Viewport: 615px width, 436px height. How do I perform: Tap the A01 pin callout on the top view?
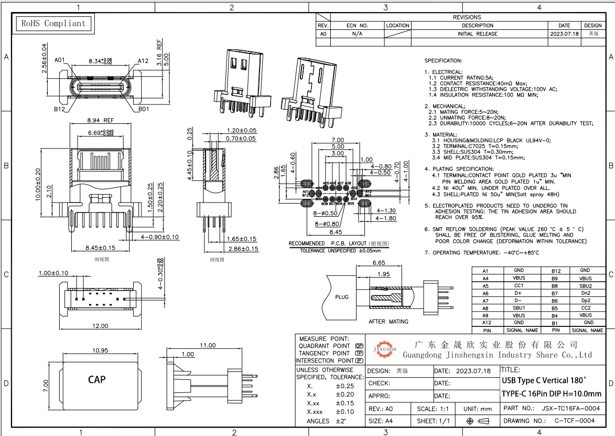tap(59, 60)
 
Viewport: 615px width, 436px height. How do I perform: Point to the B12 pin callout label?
tap(59, 110)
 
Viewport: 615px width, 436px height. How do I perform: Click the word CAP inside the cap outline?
tap(97, 379)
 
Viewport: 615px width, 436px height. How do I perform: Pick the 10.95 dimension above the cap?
tap(100, 350)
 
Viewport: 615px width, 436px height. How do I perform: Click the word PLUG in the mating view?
tap(341, 297)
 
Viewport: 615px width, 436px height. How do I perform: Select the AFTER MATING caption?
tap(389, 322)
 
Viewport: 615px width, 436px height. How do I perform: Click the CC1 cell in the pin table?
tap(519, 285)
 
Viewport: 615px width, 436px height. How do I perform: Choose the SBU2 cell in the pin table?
tap(586, 285)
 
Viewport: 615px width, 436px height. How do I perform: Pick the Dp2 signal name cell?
tap(586, 300)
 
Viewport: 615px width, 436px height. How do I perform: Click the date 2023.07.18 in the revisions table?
tap(564, 34)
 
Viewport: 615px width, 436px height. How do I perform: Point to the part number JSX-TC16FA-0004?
tap(570, 408)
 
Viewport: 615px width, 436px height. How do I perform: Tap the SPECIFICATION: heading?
tap(443, 61)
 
